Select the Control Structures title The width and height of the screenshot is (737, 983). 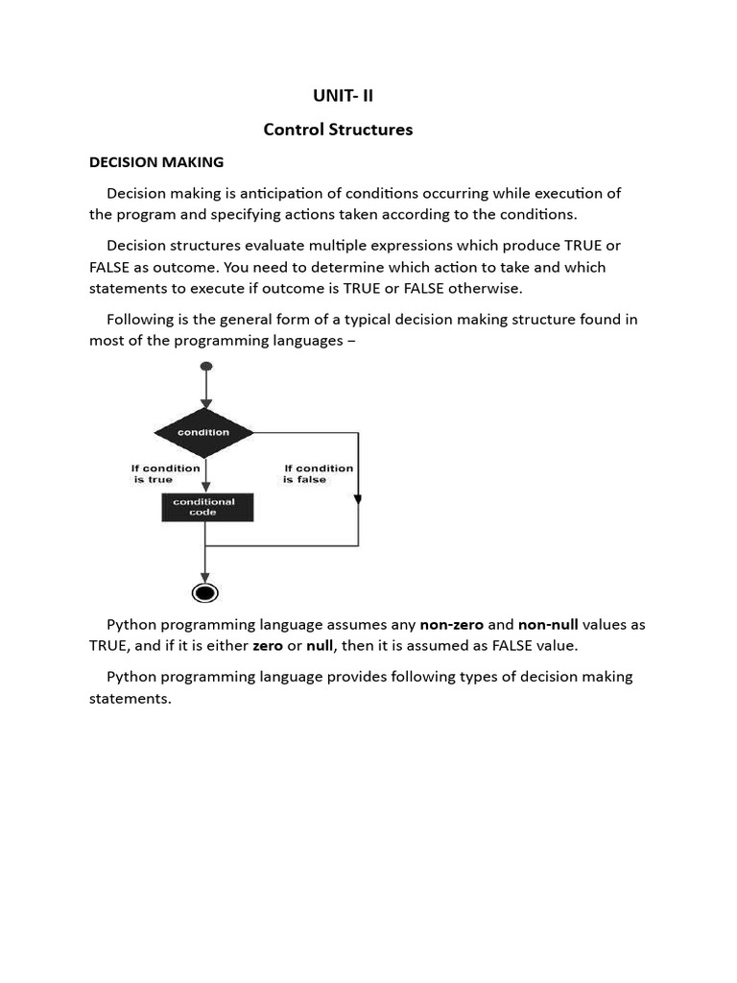(338, 129)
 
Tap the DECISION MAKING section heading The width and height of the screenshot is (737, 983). (156, 162)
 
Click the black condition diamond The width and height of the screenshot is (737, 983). (203, 432)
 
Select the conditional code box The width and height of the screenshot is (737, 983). (206, 506)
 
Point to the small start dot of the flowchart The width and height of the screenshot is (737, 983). (206, 367)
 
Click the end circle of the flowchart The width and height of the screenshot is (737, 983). (205, 592)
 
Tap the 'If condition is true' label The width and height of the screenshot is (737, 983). (165, 473)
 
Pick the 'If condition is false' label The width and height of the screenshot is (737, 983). (318, 473)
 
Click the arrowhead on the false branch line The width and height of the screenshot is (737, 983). (358, 499)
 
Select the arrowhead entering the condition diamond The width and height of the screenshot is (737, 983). (206, 402)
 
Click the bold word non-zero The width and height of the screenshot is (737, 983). (452, 624)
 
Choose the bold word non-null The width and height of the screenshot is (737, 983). (548, 624)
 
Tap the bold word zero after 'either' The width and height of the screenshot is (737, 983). (268, 646)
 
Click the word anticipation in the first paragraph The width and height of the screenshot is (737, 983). (276, 193)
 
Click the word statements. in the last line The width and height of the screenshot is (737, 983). (130, 699)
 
